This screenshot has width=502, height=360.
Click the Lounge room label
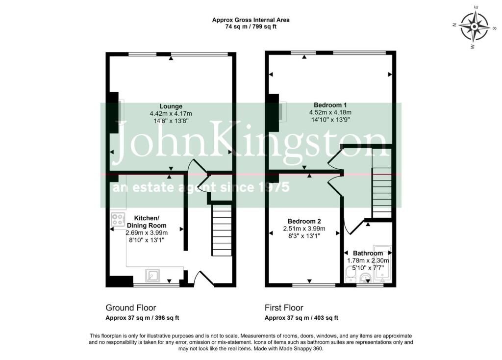(x=171, y=106)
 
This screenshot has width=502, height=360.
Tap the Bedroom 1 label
(x=330, y=105)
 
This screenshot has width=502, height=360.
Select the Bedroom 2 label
(x=304, y=221)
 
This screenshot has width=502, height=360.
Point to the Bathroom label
(x=368, y=254)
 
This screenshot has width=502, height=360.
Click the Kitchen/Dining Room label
(x=147, y=222)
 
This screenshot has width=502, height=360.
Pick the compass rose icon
(x=474, y=26)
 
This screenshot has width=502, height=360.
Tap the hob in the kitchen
(x=117, y=219)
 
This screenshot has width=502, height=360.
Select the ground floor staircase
(x=222, y=231)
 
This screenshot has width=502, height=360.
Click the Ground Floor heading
(x=130, y=308)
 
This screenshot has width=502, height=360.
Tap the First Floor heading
(x=284, y=308)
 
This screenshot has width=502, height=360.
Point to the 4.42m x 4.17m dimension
(x=171, y=114)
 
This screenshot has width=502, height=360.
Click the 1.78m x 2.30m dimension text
(x=368, y=261)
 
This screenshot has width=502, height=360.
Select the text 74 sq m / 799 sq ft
(x=251, y=27)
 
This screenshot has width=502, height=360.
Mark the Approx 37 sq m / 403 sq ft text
(x=301, y=318)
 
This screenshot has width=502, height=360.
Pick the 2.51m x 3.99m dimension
(x=304, y=229)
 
